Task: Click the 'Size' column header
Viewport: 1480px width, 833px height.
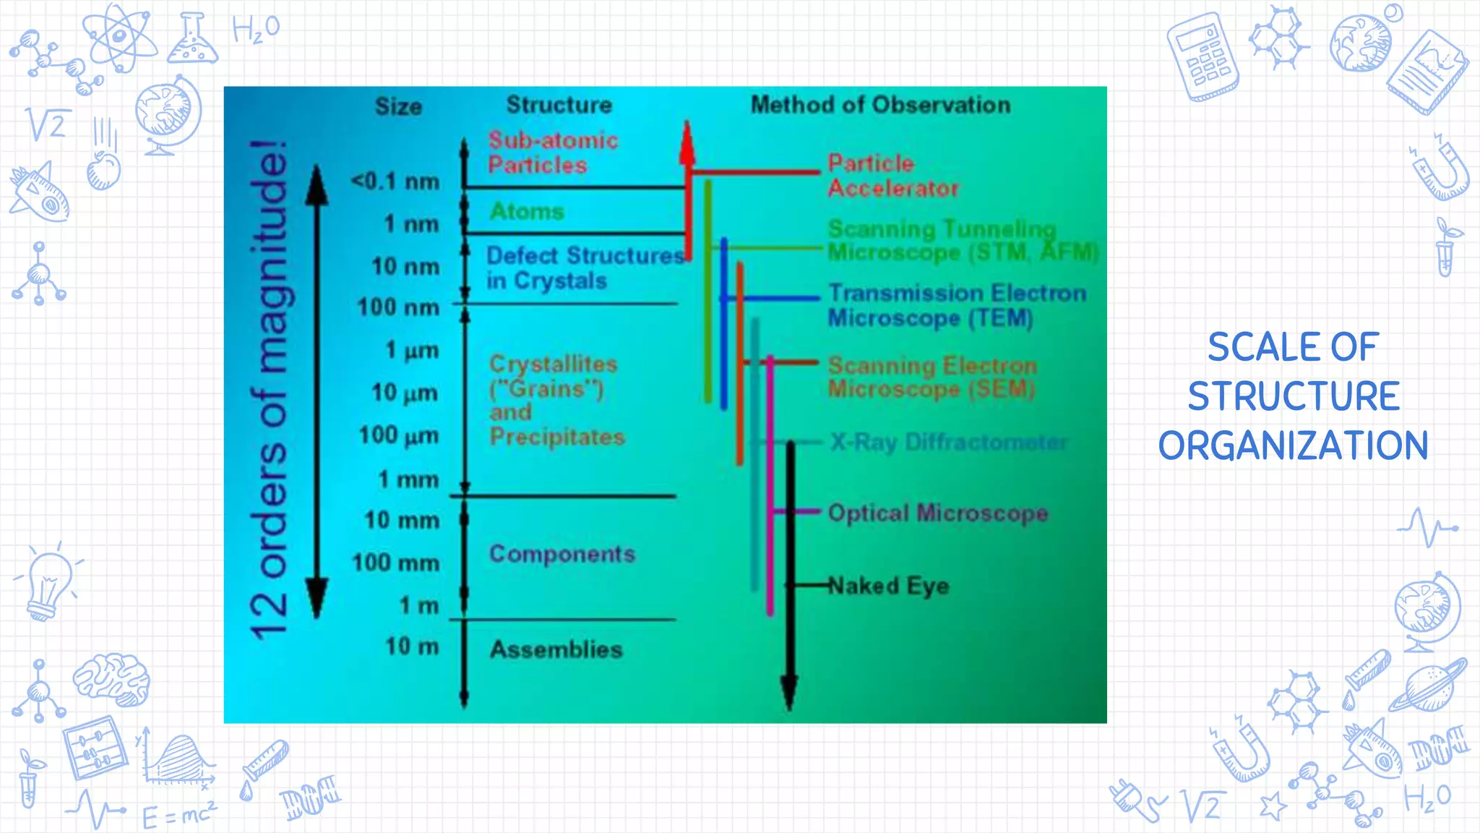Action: pos(398,107)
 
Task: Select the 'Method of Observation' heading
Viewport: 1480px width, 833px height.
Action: pos(880,106)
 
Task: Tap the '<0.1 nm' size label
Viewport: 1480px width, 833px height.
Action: pos(395,181)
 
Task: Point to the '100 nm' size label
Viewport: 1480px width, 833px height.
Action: pos(398,308)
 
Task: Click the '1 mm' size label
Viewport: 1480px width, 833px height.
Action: pos(408,479)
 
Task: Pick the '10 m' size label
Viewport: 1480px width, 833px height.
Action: pos(411,646)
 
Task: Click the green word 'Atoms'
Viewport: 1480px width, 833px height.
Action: pos(527,212)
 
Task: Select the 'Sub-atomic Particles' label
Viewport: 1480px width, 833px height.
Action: pos(552,153)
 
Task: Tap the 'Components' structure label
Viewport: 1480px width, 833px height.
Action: pos(562,554)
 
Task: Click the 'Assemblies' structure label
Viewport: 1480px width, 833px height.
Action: pos(556,649)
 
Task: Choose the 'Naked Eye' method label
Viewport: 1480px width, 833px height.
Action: pos(888,586)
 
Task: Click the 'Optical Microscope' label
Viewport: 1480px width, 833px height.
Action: pos(937,513)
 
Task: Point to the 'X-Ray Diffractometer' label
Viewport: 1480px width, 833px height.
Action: pos(948,442)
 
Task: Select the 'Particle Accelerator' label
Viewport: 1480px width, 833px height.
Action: pos(892,176)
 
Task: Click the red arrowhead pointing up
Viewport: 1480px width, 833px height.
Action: pos(687,145)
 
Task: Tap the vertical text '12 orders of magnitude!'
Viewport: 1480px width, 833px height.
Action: pos(269,390)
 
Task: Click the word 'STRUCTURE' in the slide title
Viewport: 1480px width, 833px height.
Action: pos(1294,396)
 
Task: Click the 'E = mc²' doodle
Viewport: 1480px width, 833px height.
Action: pos(178,815)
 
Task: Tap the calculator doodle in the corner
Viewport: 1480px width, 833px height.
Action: pos(1202,56)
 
